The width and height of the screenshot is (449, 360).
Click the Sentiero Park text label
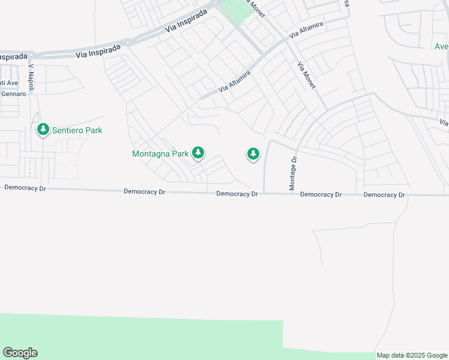(x=77, y=130)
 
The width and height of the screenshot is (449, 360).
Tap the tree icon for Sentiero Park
(x=43, y=130)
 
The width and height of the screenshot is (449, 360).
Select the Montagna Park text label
(x=160, y=154)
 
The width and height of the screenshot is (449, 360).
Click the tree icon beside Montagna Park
(x=198, y=154)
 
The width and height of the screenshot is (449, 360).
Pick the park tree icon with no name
(x=253, y=154)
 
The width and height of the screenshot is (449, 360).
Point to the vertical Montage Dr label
(x=294, y=174)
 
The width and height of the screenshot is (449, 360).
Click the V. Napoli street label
(x=32, y=75)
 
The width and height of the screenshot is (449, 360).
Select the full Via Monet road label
(x=310, y=76)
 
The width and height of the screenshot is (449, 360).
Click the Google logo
(x=20, y=353)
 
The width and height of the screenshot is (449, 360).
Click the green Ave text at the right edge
(x=441, y=46)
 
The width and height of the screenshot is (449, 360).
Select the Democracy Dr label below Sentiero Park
(x=25, y=188)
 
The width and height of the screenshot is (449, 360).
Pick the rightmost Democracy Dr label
(x=384, y=195)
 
